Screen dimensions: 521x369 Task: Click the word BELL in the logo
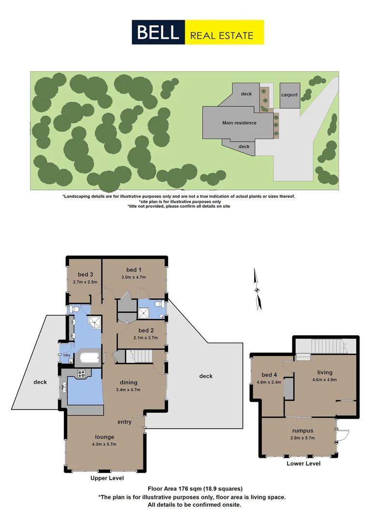click(x=158, y=32)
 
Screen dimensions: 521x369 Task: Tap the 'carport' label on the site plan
click(x=289, y=95)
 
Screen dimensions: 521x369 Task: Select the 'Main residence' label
click(x=239, y=123)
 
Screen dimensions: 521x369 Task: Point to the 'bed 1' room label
click(x=134, y=270)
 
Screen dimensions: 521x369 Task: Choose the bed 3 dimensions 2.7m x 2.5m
click(x=85, y=282)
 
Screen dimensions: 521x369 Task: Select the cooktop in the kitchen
click(x=81, y=373)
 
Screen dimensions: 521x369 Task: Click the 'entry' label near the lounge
click(x=124, y=422)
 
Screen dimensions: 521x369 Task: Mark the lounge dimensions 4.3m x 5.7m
click(x=104, y=444)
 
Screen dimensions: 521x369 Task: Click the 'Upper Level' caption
click(x=107, y=478)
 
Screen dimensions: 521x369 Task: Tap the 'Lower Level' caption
click(x=303, y=464)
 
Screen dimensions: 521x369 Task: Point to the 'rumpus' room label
click(x=303, y=431)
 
